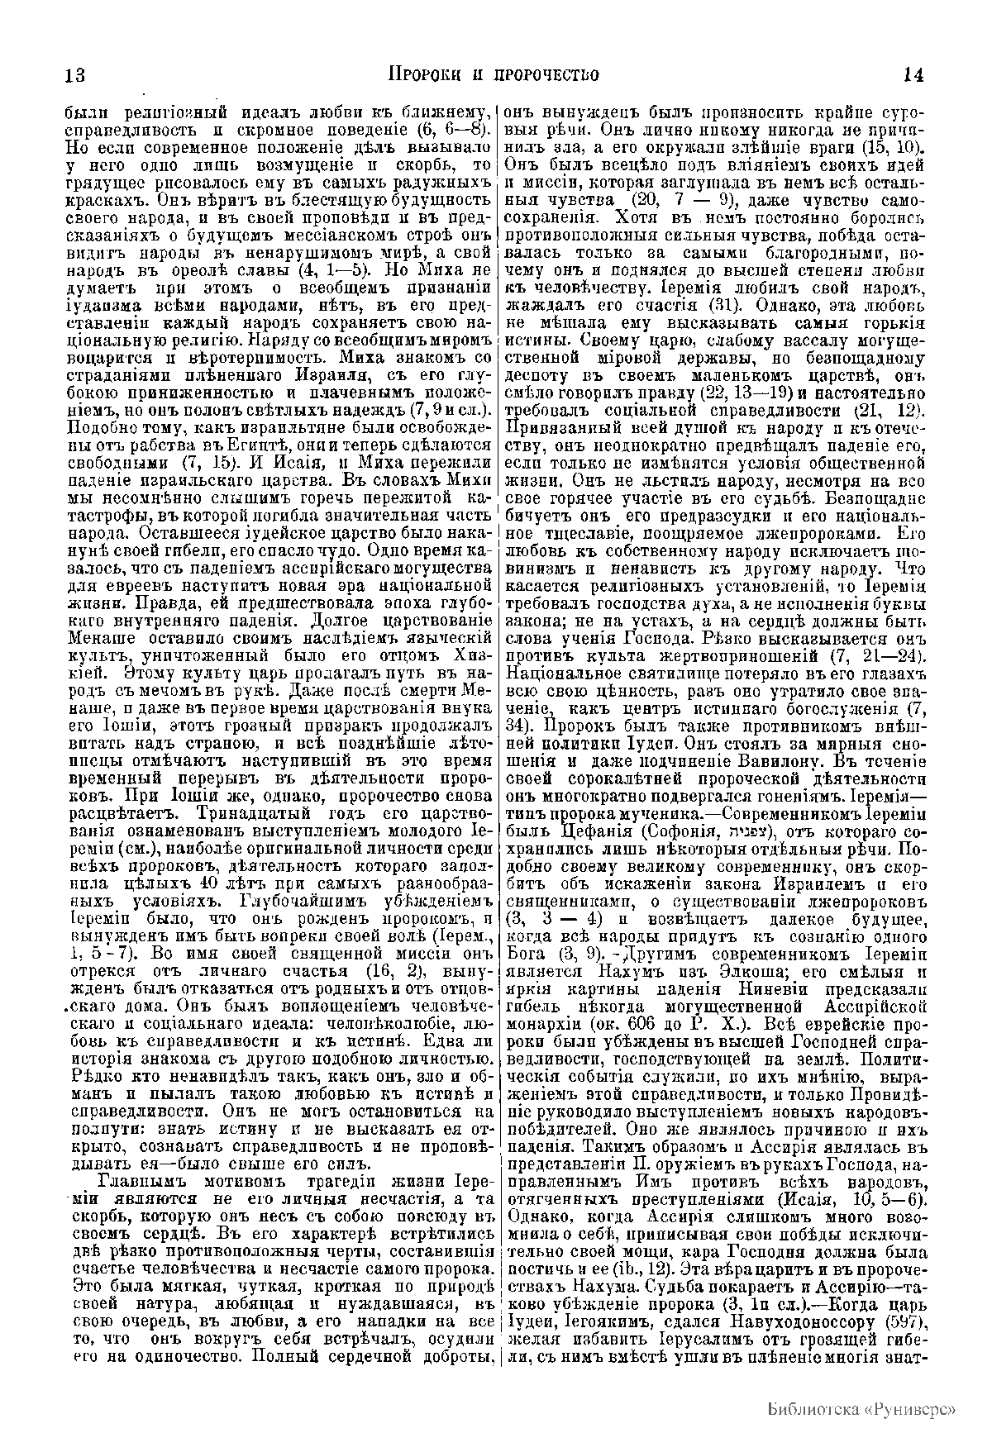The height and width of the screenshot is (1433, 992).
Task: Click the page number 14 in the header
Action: coord(913,75)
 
